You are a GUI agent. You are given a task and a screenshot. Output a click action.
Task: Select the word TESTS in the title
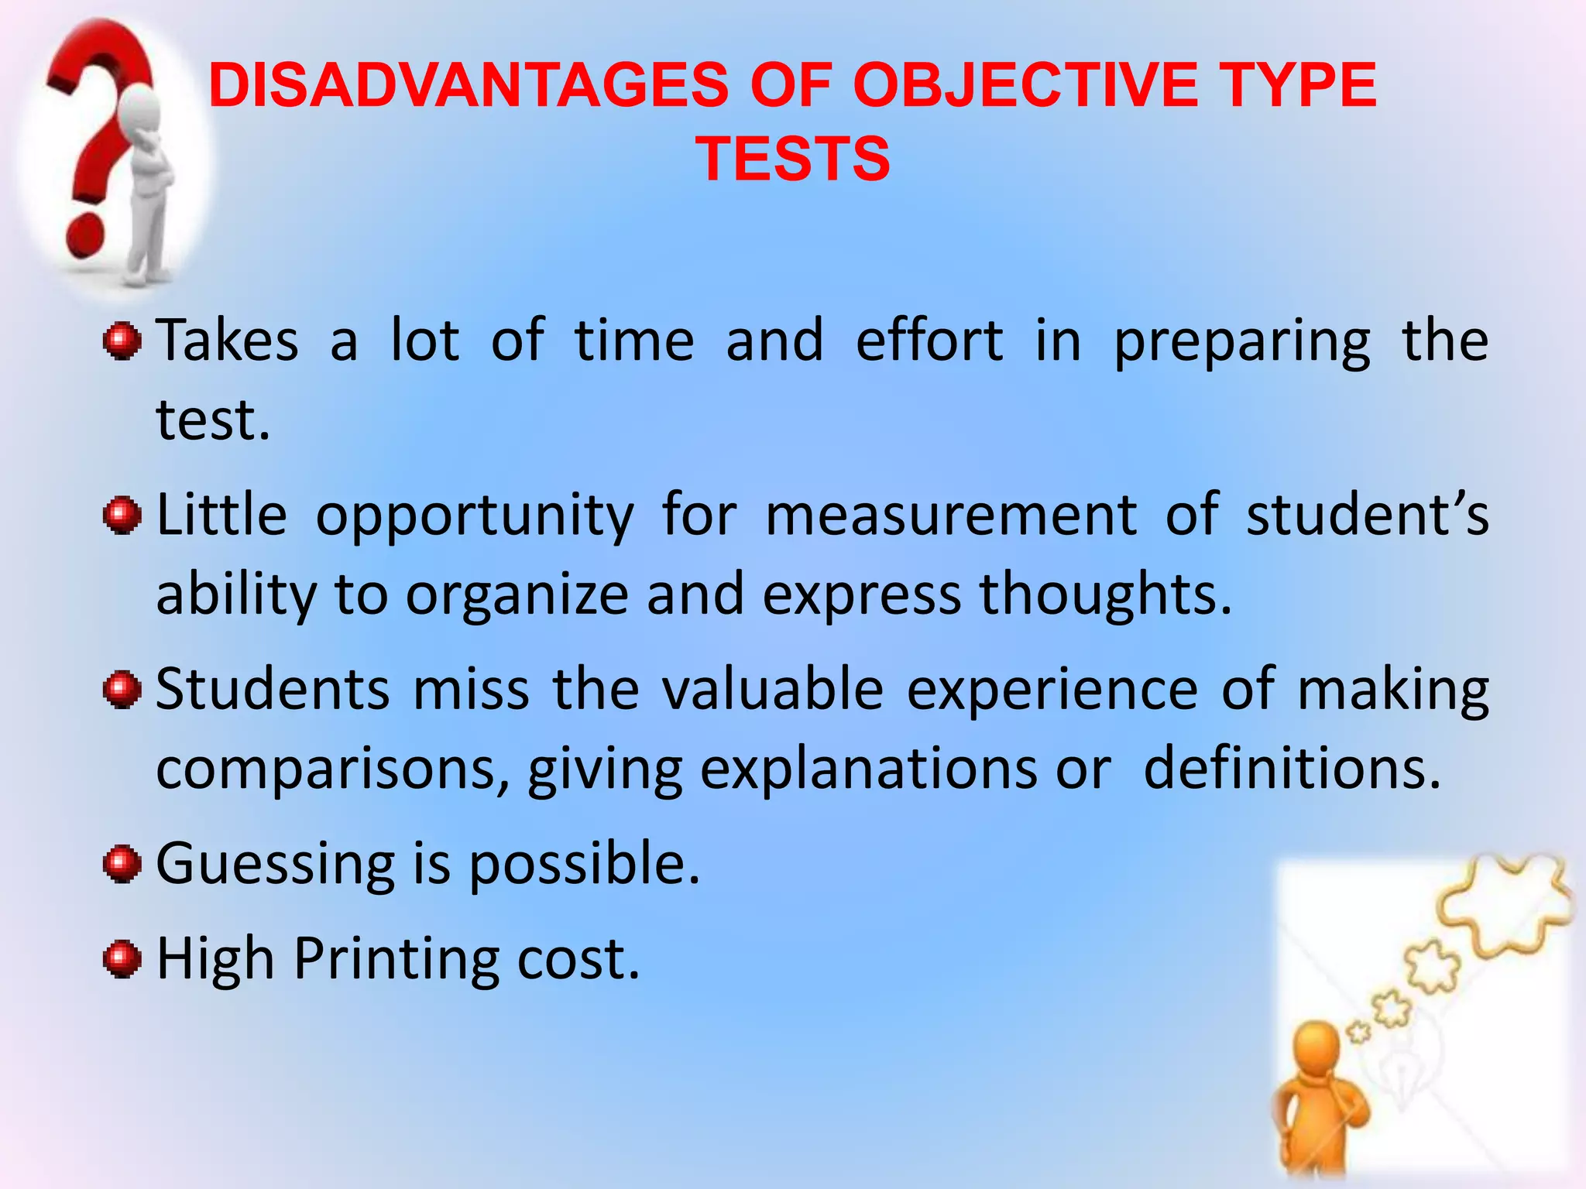pos(793,159)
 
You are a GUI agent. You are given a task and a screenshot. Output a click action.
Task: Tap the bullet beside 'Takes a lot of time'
pos(122,341)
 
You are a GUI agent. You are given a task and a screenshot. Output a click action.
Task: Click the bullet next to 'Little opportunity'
pos(122,516)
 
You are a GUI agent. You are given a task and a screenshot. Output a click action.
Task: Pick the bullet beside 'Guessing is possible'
pos(122,864)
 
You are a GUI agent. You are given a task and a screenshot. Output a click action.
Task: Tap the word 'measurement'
pos(952,516)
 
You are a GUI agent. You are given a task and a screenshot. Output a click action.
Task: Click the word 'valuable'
pos(773,689)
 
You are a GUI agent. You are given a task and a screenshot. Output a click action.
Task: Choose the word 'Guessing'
pos(276,865)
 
